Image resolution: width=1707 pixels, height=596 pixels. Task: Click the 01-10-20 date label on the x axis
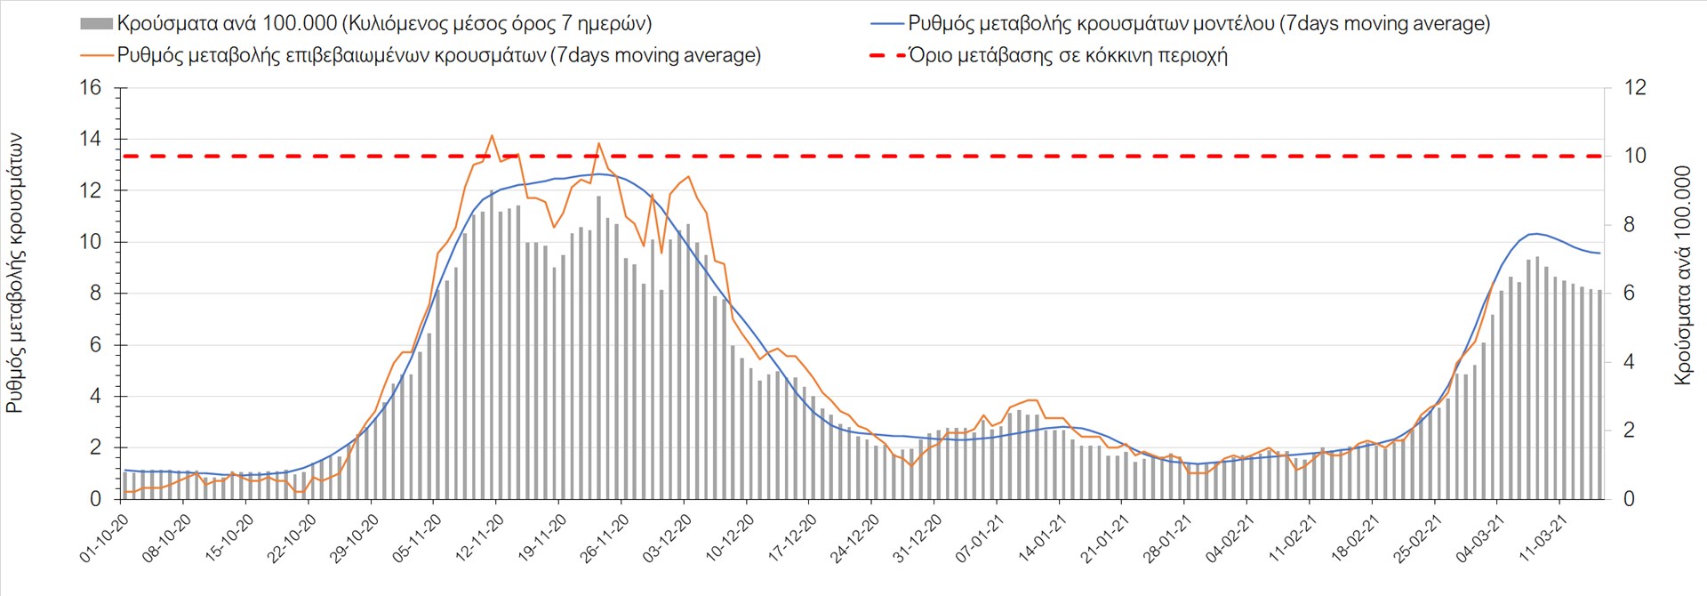tap(104, 539)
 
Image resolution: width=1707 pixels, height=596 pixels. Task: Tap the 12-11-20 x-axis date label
tap(479, 539)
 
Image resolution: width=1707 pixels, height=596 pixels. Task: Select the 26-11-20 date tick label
tap(605, 539)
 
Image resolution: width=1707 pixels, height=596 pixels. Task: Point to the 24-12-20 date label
tap(854, 539)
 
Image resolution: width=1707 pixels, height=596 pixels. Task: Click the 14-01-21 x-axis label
tap(1042, 539)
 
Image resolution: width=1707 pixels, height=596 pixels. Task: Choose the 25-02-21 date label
tap(1417, 539)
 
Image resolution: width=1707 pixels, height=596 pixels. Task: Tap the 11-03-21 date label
tap(1543, 539)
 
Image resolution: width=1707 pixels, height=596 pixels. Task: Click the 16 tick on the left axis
tap(91, 88)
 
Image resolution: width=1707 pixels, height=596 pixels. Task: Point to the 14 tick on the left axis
tap(91, 140)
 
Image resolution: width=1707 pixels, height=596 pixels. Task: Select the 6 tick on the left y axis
tap(96, 345)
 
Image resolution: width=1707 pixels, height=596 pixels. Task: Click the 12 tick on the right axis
tap(1635, 88)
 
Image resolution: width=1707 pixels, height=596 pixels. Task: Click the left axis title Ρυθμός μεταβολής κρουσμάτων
tap(15, 274)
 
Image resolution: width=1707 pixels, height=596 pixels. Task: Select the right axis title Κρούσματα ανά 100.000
tap(1682, 276)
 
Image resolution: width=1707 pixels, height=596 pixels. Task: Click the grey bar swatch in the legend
tap(96, 24)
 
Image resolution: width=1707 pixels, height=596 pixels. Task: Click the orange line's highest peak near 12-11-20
tap(492, 135)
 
